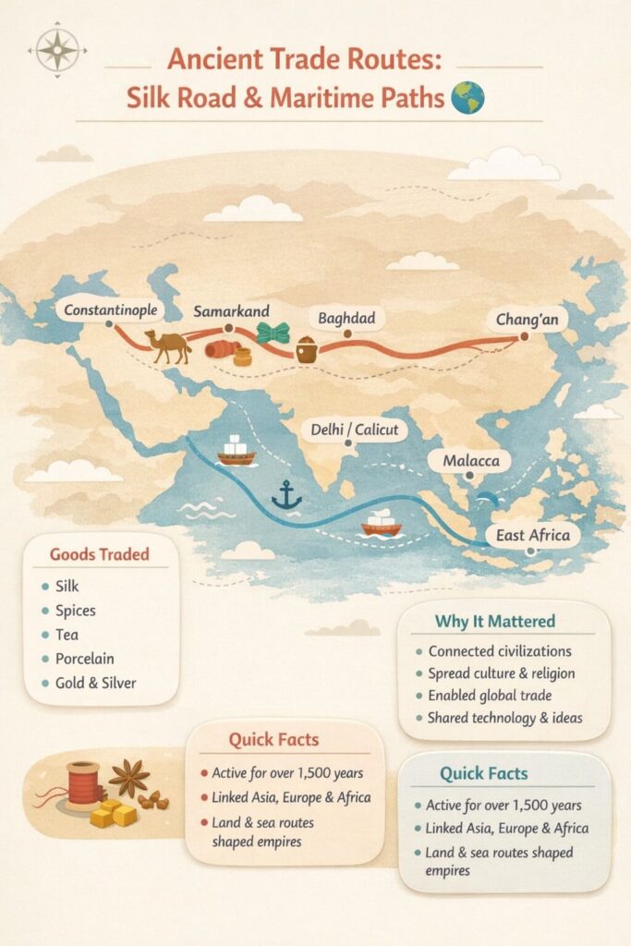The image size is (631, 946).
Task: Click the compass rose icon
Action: [58, 48]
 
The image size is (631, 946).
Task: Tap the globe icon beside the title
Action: [468, 97]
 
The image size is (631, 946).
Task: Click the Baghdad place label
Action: [347, 319]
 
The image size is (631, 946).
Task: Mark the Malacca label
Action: [471, 460]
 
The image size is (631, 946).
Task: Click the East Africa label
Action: [532, 535]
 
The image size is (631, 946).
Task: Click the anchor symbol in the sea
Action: [286, 496]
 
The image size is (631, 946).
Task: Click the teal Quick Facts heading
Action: [497, 773]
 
